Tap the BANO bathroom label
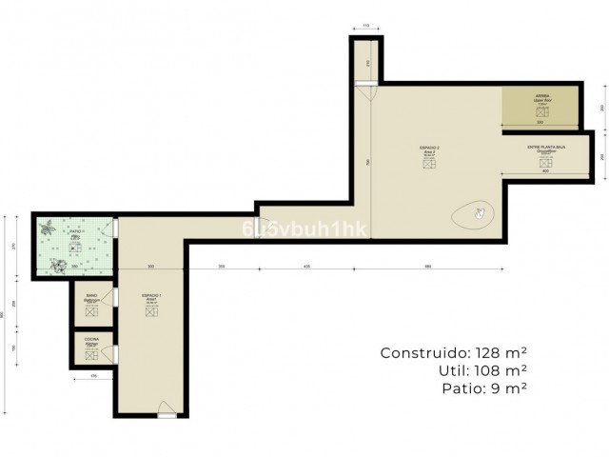pos(91,298)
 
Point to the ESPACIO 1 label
pos(150,298)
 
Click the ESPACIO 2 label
pos(429,149)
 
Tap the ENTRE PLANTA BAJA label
pos(547,149)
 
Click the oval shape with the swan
pos(473,214)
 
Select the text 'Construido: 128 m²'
pos(455,352)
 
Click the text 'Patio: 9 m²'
pos(485,388)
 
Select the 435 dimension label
pos(306,266)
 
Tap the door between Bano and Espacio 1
pos(115,303)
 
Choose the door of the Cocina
pos(115,353)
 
